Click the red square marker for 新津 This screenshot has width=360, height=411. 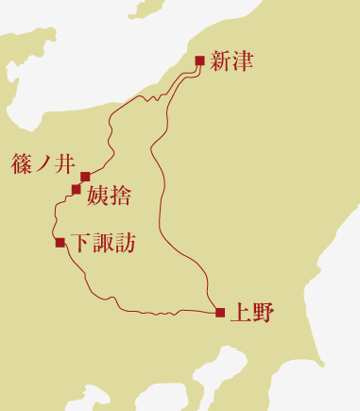[x=199, y=61]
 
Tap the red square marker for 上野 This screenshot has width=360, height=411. [x=219, y=313]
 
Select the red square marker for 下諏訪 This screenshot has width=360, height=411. [x=60, y=243]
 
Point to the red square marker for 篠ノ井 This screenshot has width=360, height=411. [x=85, y=177]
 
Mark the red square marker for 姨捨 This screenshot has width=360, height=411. [x=77, y=190]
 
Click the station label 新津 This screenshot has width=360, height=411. [x=232, y=62]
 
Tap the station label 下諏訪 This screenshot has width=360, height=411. [x=104, y=244]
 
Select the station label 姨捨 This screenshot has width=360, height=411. [x=109, y=197]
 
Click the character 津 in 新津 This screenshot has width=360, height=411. [x=244, y=62]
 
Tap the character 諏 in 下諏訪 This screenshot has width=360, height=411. [x=104, y=244]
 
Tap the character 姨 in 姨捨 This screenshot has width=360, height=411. [x=97, y=197]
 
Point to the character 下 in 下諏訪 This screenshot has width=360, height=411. [x=83, y=244]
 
